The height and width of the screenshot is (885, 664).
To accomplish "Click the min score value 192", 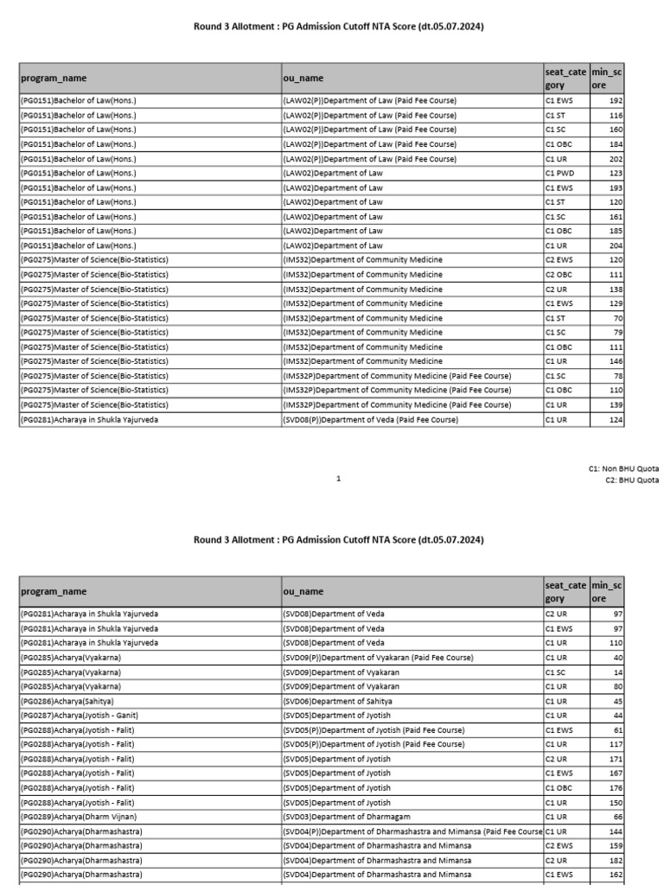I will point(616,100).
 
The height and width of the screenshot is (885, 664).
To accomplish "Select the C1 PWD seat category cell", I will point(559,173).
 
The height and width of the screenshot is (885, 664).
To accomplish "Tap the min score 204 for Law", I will point(616,245).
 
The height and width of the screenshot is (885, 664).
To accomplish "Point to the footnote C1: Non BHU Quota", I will point(623,468).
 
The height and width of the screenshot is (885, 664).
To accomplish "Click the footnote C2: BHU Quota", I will point(632,480).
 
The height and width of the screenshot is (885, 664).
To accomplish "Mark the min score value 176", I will point(616,787).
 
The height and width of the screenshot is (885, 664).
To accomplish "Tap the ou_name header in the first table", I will point(303,78).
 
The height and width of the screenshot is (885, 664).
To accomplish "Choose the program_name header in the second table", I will point(54,592).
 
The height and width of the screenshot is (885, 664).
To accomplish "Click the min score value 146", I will point(616,361).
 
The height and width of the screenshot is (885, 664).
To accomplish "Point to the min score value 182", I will point(616,860).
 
